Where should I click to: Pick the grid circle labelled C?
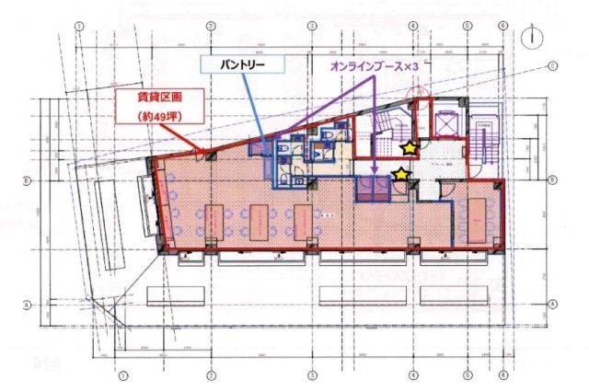point(554,66)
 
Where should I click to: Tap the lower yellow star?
point(401,173)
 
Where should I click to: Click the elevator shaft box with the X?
point(445,120)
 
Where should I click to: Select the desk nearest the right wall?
point(479,221)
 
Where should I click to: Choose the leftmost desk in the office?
point(214,222)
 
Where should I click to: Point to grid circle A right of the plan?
point(554,304)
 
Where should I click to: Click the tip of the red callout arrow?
point(204,153)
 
